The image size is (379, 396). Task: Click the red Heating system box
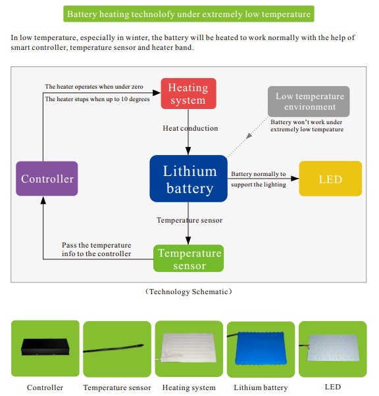point(188,93)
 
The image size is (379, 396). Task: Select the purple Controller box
point(47,179)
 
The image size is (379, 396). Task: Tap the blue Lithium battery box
point(188,179)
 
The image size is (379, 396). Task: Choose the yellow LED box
point(330,179)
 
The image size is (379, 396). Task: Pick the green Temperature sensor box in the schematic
point(188,258)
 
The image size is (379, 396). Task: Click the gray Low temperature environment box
point(309,101)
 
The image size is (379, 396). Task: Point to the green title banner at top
point(189,14)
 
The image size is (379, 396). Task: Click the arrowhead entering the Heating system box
point(157,93)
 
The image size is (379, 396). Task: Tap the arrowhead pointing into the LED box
point(295,179)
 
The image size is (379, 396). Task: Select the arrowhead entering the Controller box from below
point(43,200)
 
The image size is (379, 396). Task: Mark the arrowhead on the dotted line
point(249,136)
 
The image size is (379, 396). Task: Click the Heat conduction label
point(190,128)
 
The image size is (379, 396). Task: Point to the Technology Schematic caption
point(189,292)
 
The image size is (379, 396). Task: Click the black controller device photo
point(45,347)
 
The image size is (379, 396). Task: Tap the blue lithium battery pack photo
point(261,349)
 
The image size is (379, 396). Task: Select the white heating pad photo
point(189,348)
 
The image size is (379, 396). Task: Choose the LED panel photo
point(333,348)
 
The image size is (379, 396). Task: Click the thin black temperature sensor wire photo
point(114,348)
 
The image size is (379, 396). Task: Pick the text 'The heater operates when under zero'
point(94,87)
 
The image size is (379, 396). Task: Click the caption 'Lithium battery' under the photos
point(261,387)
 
